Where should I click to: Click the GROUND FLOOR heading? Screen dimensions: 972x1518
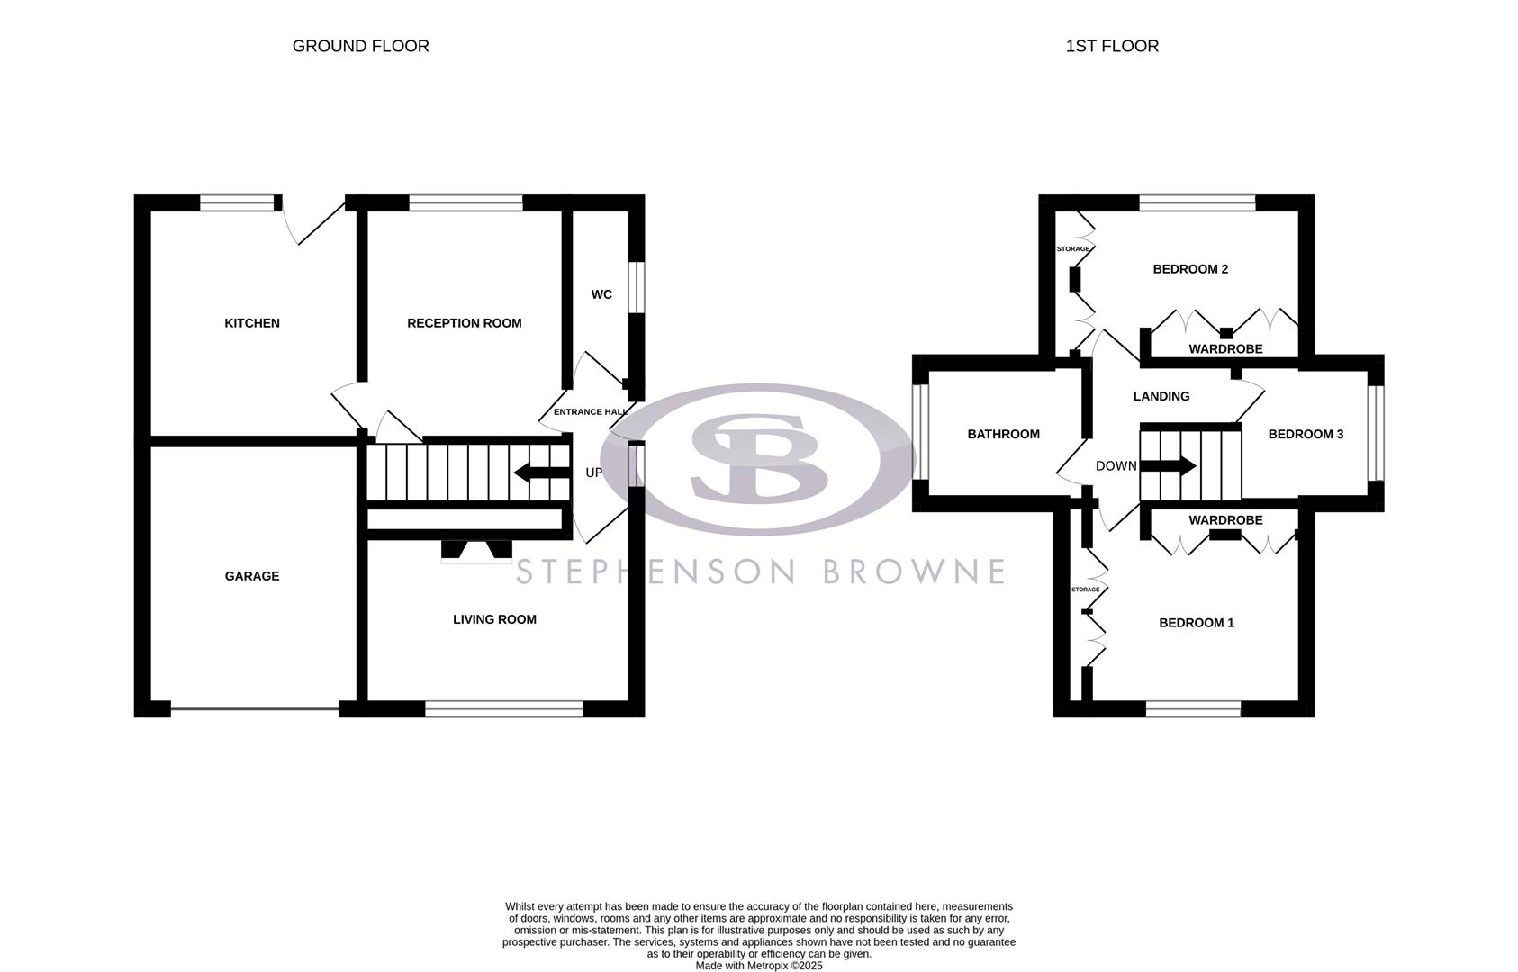click(x=360, y=46)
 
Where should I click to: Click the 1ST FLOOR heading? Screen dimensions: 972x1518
click(x=1112, y=46)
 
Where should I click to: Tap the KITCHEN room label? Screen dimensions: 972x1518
click(x=252, y=323)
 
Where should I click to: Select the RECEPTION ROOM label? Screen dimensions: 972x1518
click(x=464, y=323)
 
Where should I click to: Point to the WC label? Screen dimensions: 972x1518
click(x=601, y=294)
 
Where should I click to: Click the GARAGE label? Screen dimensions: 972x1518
click(x=252, y=576)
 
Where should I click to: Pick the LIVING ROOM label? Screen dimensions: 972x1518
click(x=494, y=619)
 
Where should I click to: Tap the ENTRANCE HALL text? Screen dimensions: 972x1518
click(x=590, y=411)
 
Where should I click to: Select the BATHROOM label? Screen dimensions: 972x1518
click(x=1003, y=434)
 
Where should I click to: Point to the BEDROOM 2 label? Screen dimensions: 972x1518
click(x=1190, y=269)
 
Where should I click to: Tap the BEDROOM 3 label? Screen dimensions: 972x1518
click(x=1306, y=434)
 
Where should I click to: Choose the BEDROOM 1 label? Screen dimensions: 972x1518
click(x=1196, y=623)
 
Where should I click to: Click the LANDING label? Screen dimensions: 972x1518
click(x=1161, y=396)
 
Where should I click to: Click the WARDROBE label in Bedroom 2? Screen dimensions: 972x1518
click(x=1225, y=349)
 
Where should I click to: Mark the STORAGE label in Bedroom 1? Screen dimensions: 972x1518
click(x=1085, y=589)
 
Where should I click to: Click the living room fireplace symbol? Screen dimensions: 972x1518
click(x=476, y=551)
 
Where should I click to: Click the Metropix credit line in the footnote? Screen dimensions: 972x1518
click(x=758, y=966)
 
